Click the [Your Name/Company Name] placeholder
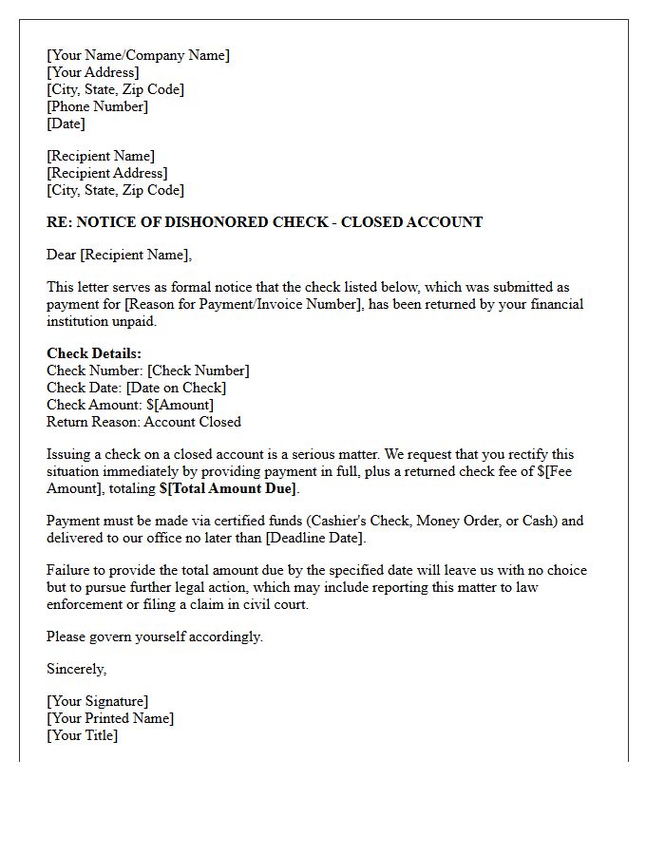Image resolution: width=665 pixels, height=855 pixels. (x=138, y=55)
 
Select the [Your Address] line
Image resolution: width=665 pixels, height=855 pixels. (x=92, y=72)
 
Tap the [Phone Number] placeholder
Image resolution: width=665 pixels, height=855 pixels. (x=97, y=106)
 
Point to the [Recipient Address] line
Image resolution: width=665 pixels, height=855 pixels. (x=106, y=173)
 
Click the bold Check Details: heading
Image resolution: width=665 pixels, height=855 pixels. (x=94, y=353)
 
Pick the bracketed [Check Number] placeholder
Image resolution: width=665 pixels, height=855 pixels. (x=199, y=370)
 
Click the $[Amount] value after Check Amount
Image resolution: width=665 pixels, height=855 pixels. (x=180, y=405)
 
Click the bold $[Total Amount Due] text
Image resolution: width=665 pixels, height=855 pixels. (x=228, y=488)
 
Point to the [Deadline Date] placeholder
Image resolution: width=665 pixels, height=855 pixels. (x=313, y=538)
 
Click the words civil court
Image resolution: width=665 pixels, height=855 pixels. (x=273, y=604)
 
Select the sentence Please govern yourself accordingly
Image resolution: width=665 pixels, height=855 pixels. (x=155, y=636)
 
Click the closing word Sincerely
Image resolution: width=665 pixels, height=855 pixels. (x=76, y=669)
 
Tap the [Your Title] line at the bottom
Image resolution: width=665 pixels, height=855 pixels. (x=82, y=735)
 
